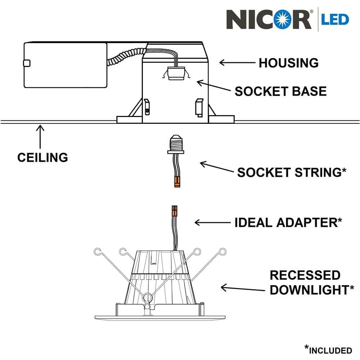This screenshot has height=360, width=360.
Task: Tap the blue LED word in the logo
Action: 335,19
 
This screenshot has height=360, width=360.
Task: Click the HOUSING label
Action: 288,63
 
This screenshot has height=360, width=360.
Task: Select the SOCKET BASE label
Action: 280,91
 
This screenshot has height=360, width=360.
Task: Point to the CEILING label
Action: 42,157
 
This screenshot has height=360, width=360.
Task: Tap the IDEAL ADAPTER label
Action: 288,222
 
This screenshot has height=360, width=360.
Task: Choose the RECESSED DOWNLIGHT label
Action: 309,283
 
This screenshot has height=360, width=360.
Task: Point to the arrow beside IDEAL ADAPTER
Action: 212,222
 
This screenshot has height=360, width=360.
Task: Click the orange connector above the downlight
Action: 175,211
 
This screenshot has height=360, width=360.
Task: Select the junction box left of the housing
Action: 65,65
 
